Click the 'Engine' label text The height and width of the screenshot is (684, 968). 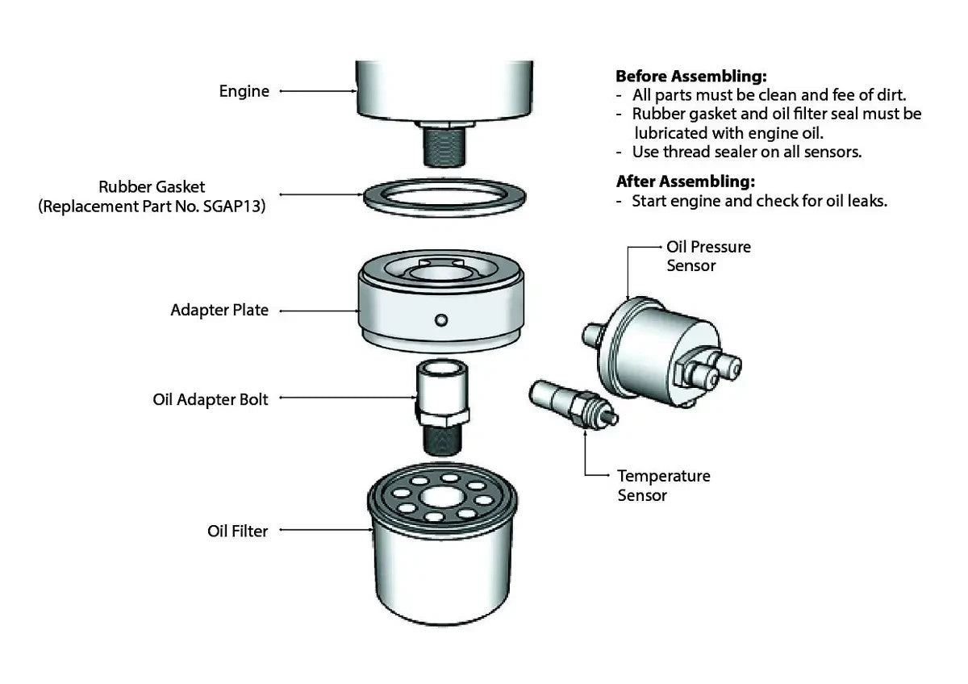coord(244,91)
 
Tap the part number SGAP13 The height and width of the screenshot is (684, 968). coord(235,206)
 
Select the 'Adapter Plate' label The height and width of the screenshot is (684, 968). coord(219,310)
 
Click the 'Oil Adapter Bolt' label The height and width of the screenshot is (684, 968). coord(211,399)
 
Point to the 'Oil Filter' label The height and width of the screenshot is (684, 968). coord(237,531)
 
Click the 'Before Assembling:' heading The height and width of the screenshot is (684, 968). coord(691,77)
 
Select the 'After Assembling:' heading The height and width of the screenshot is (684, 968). coord(686,181)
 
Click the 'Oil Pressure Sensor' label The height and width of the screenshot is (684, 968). coord(708,256)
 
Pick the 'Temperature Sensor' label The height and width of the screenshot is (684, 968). coord(663,486)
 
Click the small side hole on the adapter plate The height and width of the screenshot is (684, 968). coord(440,320)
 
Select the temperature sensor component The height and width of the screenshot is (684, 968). coord(570,403)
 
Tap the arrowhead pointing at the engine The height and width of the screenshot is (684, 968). coord(353,91)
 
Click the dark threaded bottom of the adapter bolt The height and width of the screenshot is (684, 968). coord(441,440)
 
